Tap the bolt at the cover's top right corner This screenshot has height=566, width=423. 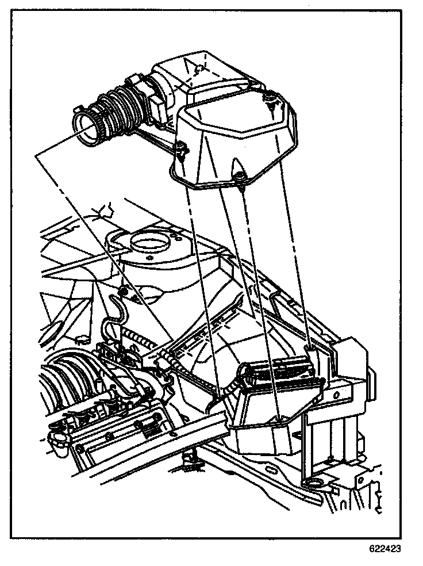(268, 102)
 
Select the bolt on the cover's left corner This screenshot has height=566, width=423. (181, 149)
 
